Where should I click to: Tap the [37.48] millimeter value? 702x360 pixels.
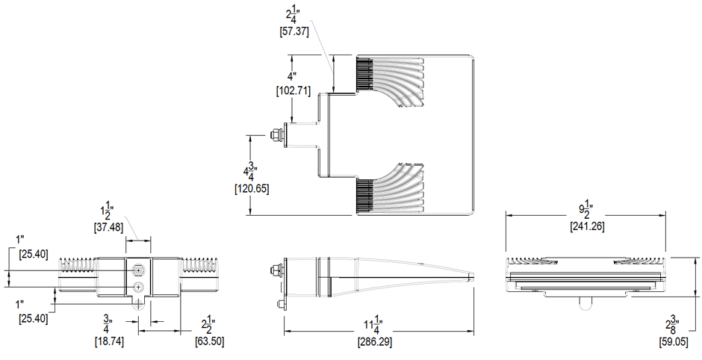click(x=108, y=227)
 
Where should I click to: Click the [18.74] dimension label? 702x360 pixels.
click(x=109, y=341)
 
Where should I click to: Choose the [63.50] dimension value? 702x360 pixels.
click(x=208, y=341)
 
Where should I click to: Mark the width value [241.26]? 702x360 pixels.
click(x=586, y=226)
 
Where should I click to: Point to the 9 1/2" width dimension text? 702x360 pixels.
click(x=586, y=208)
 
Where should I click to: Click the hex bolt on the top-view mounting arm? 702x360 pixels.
click(x=276, y=134)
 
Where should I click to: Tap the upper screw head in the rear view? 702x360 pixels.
click(x=138, y=270)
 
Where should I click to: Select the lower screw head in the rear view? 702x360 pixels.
click(x=138, y=287)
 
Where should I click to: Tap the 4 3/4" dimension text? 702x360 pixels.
click(x=252, y=170)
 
